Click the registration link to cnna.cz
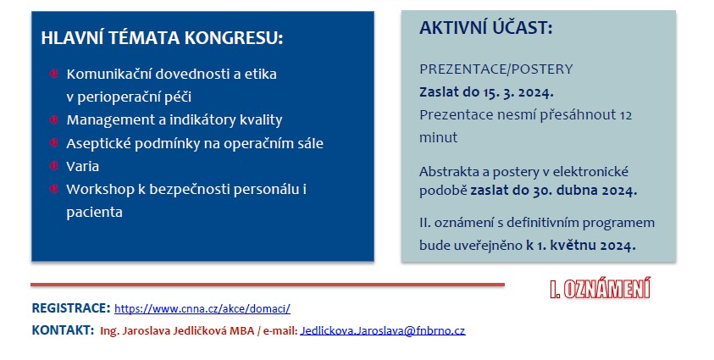coord(202,308)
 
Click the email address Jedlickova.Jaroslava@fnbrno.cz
coord(383,331)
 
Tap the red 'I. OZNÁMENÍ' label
coord(601,289)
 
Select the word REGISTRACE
coord(71,308)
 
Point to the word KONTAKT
coord(63,330)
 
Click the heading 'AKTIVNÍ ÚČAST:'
coord(486,28)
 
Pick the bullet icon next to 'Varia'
coord(53,166)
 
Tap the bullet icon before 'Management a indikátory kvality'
coord(53,119)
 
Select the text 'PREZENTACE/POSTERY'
coord(495,69)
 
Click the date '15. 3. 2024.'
coord(518,92)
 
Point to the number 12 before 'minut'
coord(626,115)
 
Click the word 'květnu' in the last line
coord(573,246)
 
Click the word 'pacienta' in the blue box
coord(94,213)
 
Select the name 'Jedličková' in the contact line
coord(200,331)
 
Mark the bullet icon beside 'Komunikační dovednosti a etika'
coord(53,74)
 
